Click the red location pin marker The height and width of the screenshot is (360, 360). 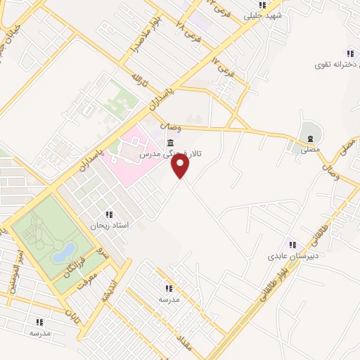point(181,166)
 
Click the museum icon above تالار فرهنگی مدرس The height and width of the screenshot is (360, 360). point(171,144)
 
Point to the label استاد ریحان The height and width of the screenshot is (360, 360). point(108,226)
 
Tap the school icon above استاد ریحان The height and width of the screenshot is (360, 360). point(108,214)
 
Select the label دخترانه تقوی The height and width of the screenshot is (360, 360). point(336,64)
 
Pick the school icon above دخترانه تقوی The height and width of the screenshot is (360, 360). point(349,53)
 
